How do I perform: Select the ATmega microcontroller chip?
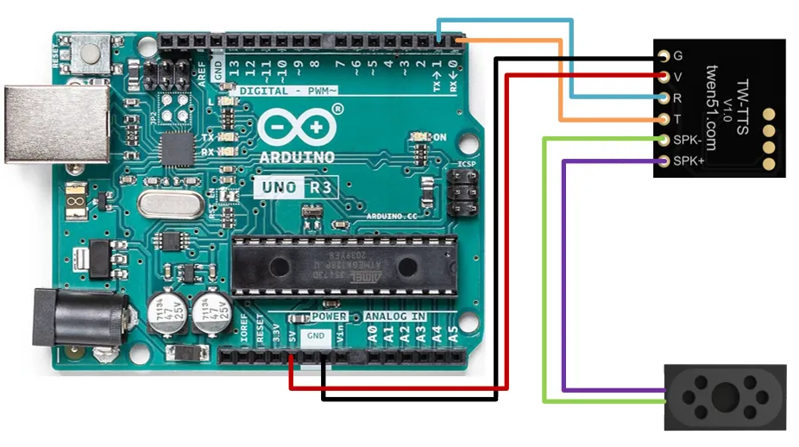[x=342, y=263]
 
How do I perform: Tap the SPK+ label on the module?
[x=689, y=161]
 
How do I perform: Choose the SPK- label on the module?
[x=689, y=140]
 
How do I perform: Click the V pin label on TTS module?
[x=678, y=77]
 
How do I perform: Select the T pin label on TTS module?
[x=678, y=119]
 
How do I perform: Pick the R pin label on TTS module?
[x=678, y=98]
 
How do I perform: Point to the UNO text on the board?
[x=280, y=186]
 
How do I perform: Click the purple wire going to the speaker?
[x=563, y=276]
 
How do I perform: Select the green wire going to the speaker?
[x=544, y=276]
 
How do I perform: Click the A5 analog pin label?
[x=453, y=332]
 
